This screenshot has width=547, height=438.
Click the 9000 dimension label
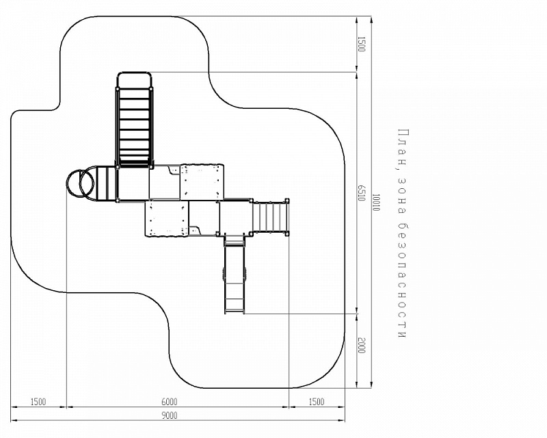pos(169,415)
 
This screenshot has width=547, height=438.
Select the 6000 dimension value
pos(169,402)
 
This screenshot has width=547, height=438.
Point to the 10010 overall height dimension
pos(375,203)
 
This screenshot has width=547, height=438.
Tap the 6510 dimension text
pos(362,193)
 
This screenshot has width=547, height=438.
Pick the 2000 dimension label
pos(362,346)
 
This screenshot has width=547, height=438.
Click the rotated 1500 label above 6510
pos(362,44)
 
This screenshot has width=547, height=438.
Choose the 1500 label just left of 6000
pos(38,402)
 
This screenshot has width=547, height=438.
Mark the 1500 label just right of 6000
pos(317,402)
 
